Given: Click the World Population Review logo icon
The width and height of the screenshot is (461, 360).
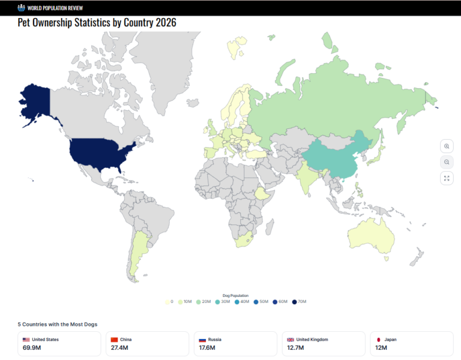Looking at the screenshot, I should pos(22,8).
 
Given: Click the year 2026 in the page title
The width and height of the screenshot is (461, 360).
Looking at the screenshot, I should pos(164,22).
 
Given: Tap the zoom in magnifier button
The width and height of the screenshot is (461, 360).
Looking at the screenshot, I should pos(447,146).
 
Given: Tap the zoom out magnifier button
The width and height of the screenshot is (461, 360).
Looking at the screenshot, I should pos(447,162).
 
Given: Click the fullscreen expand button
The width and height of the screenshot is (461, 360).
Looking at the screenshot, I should pos(447,178).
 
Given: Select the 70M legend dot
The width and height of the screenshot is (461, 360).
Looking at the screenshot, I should pos(295,301).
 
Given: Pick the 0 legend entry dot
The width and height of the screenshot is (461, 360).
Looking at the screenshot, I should pos(167,301).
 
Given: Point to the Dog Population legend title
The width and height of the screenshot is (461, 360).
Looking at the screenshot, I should pos(235,295).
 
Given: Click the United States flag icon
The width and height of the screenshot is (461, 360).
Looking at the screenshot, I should pos(26,340).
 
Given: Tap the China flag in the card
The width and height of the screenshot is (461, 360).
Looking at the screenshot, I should pos(114,340).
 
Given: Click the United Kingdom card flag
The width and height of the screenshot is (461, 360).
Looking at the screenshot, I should pos(291,340).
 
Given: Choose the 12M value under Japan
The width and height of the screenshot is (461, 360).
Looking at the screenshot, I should pos(381,347).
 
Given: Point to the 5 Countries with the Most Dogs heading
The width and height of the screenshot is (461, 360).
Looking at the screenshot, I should pos(57,324).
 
